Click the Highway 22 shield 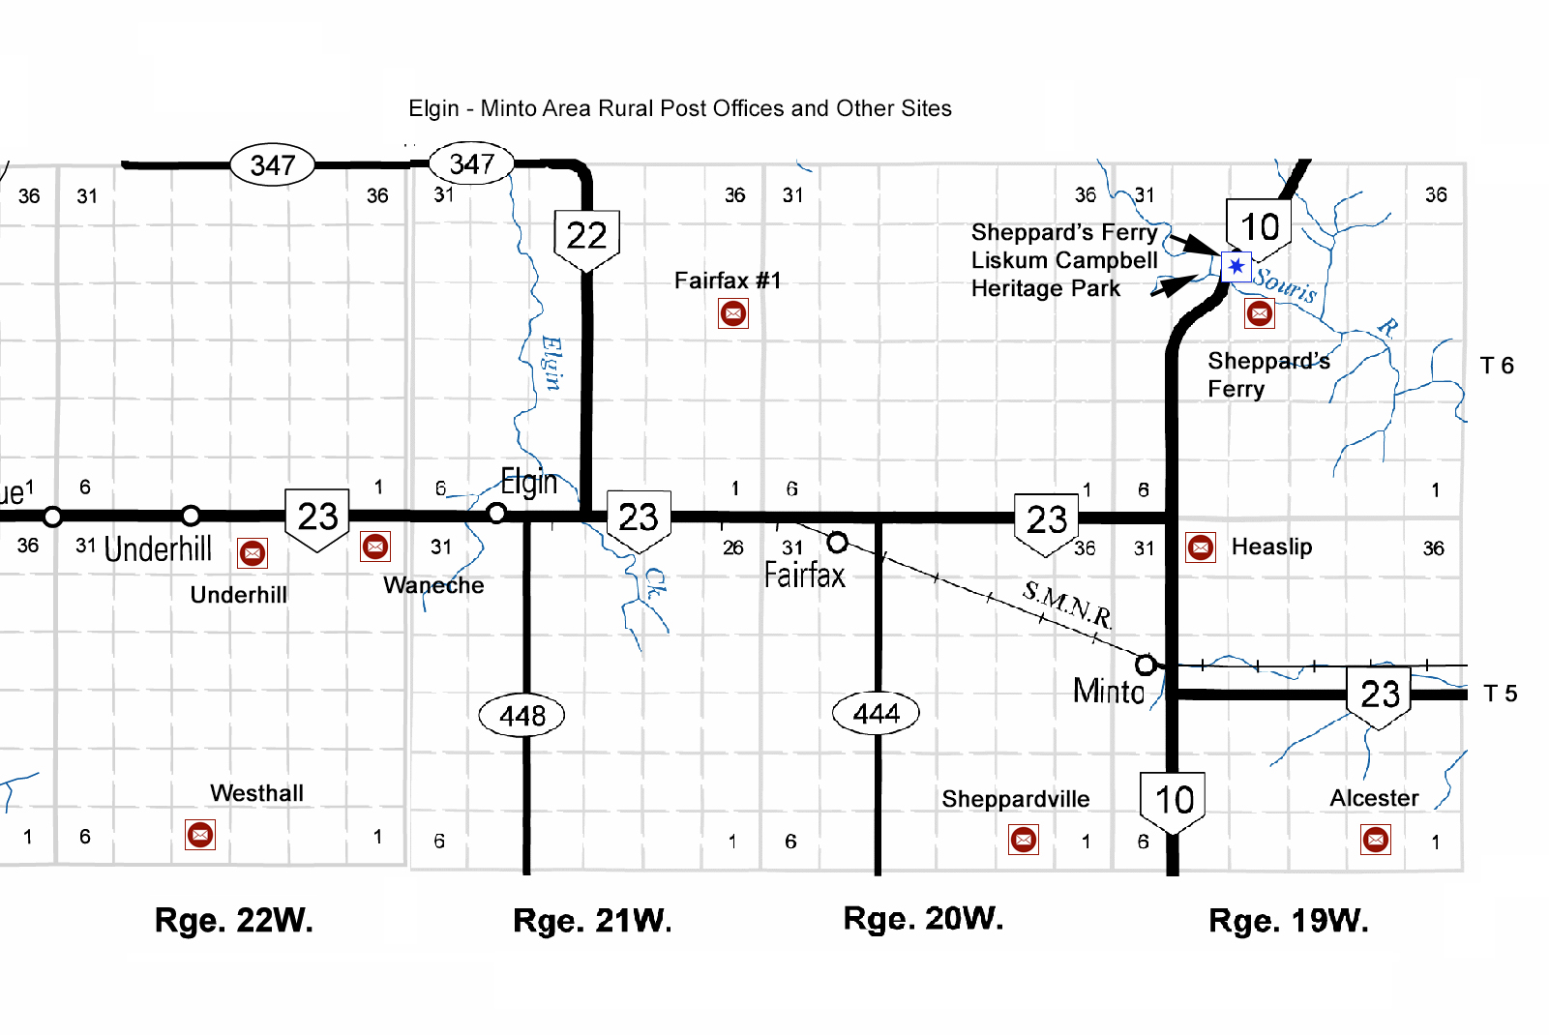coord(586,238)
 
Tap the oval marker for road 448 coord(522,716)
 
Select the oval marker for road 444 coord(877,714)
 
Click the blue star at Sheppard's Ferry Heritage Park coord(1236,266)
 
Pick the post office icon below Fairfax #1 coord(733,313)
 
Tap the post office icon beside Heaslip coord(1201,547)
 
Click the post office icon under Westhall coord(200,835)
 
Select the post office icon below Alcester coord(1376,839)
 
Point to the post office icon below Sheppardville coord(1024,840)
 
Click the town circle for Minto coord(1146,665)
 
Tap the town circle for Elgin coord(496,514)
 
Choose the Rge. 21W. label coord(592,921)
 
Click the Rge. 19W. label coord(1289,921)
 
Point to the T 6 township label coord(1497,366)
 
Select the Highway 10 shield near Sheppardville coord(1174,802)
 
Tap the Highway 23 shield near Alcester coord(1380,695)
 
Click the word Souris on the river coord(1285,285)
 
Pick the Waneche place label coord(433,585)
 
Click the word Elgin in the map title coord(433,108)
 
